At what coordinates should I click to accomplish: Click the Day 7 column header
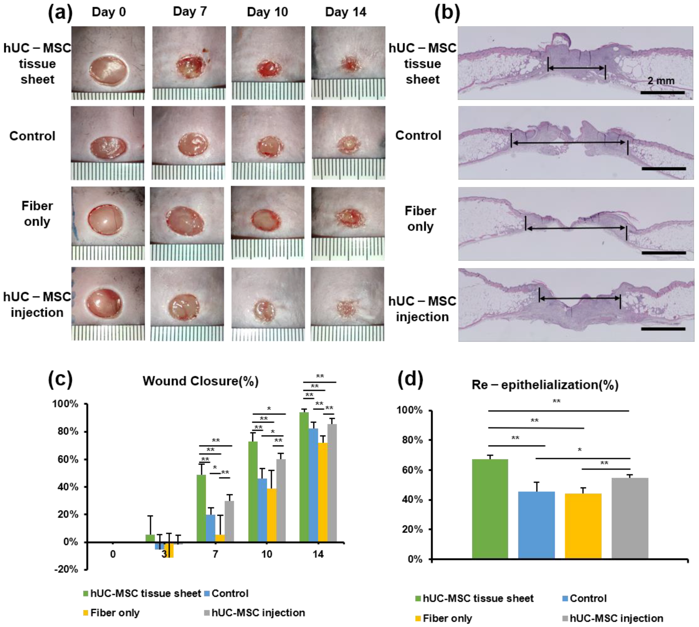point(190,12)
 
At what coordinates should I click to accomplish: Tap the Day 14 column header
point(345,12)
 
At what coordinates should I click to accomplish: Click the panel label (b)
point(447,13)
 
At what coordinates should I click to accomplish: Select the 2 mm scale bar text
point(661,81)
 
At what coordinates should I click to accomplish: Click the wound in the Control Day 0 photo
point(109,147)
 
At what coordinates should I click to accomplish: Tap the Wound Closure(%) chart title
point(200,381)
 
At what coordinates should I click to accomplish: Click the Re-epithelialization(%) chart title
point(545,385)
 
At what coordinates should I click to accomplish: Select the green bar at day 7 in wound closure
point(201,508)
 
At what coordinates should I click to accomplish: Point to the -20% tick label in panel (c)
point(66,569)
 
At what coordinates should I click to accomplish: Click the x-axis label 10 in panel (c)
point(267,554)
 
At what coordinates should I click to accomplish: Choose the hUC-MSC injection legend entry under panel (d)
point(613,618)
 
